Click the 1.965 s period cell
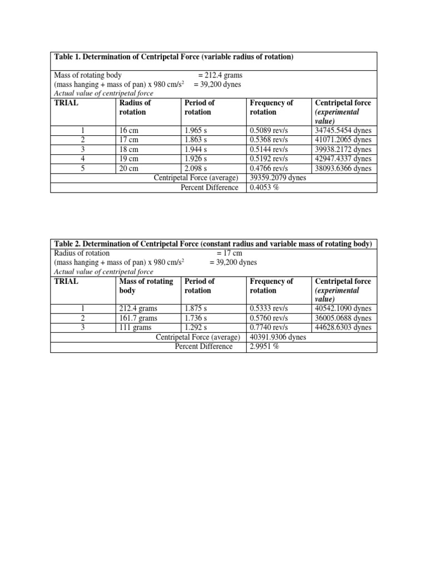197,131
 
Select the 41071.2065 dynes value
343,140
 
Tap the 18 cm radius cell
130,150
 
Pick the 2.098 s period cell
197,169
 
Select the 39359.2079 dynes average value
277,178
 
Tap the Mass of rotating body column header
146,286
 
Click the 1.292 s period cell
197,328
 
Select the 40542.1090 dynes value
343,309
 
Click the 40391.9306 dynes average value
277,337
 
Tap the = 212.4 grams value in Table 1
220,75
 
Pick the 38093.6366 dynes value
343,169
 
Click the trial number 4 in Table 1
83,159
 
